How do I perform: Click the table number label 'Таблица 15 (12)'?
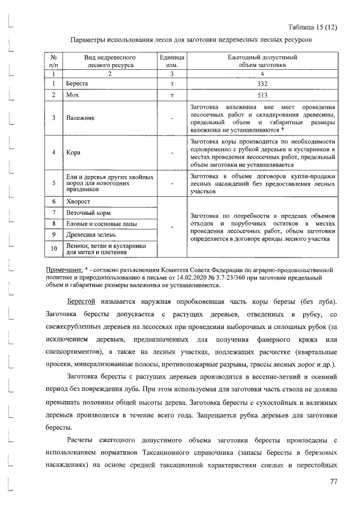pos(312,27)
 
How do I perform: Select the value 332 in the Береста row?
pos(262,84)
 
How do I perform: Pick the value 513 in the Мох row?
pos(262,95)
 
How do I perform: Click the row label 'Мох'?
pos(72,95)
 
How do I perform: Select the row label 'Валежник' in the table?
pos(80,119)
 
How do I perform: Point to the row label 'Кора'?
pos(73,152)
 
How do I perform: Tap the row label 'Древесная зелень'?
pos(92,235)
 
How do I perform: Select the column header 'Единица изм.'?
pos(171,61)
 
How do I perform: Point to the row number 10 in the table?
pos(54,249)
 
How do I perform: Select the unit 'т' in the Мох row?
pos(171,95)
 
